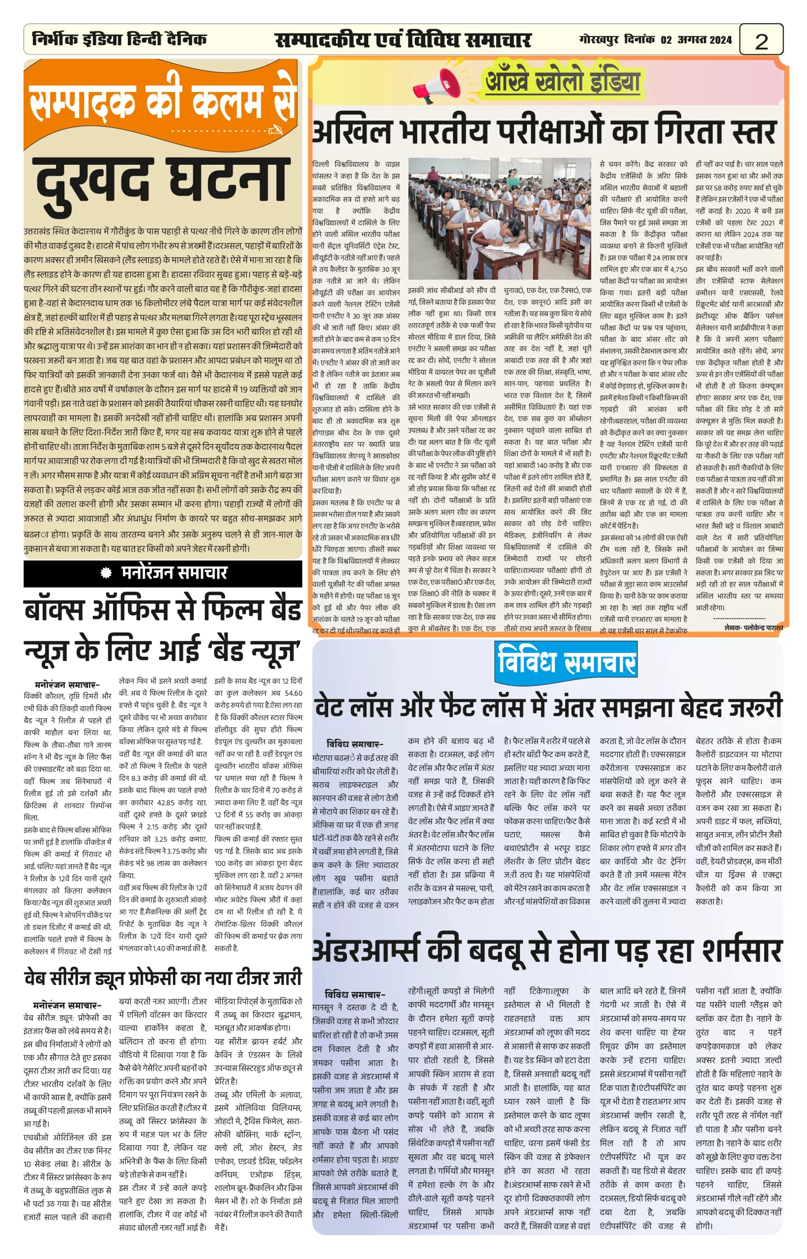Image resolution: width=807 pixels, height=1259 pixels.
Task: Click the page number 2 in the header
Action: (x=761, y=41)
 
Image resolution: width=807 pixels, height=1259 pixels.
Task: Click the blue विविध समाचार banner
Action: (x=566, y=662)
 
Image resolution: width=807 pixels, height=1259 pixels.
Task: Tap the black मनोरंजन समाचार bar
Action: (x=163, y=572)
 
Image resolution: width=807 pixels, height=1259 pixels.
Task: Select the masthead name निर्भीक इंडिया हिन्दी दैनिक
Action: (x=119, y=39)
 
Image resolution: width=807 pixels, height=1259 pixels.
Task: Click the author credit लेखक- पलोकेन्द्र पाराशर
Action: (x=753, y=628)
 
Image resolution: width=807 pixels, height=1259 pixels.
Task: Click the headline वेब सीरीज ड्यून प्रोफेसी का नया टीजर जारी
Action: (x=163, y=979)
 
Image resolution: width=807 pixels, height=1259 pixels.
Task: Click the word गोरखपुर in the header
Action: (x=600, y=40)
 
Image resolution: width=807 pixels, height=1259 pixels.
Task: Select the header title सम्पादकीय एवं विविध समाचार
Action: (x=403, y=40)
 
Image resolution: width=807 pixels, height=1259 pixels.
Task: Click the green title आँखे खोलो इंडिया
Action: (x=563, y=81)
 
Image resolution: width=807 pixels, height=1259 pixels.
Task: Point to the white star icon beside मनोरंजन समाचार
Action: (x=106, y=573)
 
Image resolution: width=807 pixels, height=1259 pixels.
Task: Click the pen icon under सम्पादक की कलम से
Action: (x=275, y=129)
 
